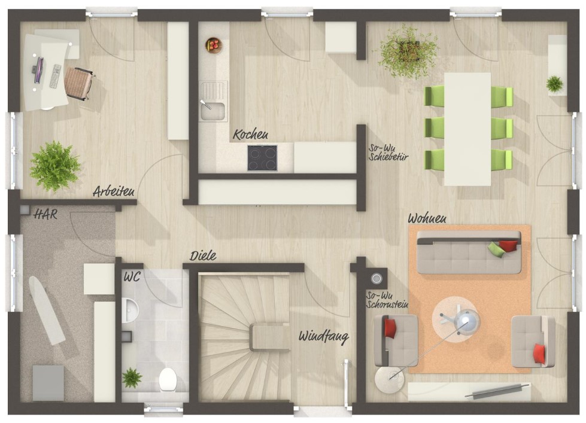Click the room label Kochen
(250, 135)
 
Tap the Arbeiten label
(114, 191)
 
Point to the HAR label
(45, 214)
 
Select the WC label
(132, 277)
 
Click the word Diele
(203, 256)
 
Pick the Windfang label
(324, 337)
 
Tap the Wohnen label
(427, 218)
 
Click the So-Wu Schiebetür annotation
(388, 153)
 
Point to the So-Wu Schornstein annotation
(387, 300)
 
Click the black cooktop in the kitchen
(262, 158)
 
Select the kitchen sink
(212, 101)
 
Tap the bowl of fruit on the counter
(214, 45)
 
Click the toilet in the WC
(168, 380)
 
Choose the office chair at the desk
(78, 84)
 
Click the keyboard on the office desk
(55, 76)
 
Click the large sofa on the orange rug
(469, 252)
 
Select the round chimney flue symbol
(376, 278)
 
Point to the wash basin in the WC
(130, 310)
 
